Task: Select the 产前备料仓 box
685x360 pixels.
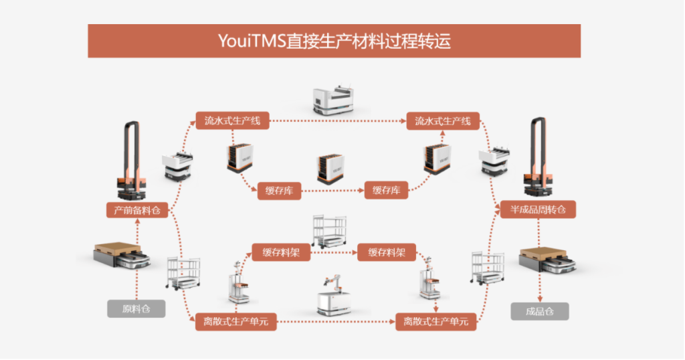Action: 136,210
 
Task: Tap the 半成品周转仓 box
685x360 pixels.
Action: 538,210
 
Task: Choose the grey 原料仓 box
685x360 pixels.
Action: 136,309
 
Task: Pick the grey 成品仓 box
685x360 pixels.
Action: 539,311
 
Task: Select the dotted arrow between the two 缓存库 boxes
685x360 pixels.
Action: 332,191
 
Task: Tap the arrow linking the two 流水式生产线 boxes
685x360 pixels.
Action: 338,122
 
